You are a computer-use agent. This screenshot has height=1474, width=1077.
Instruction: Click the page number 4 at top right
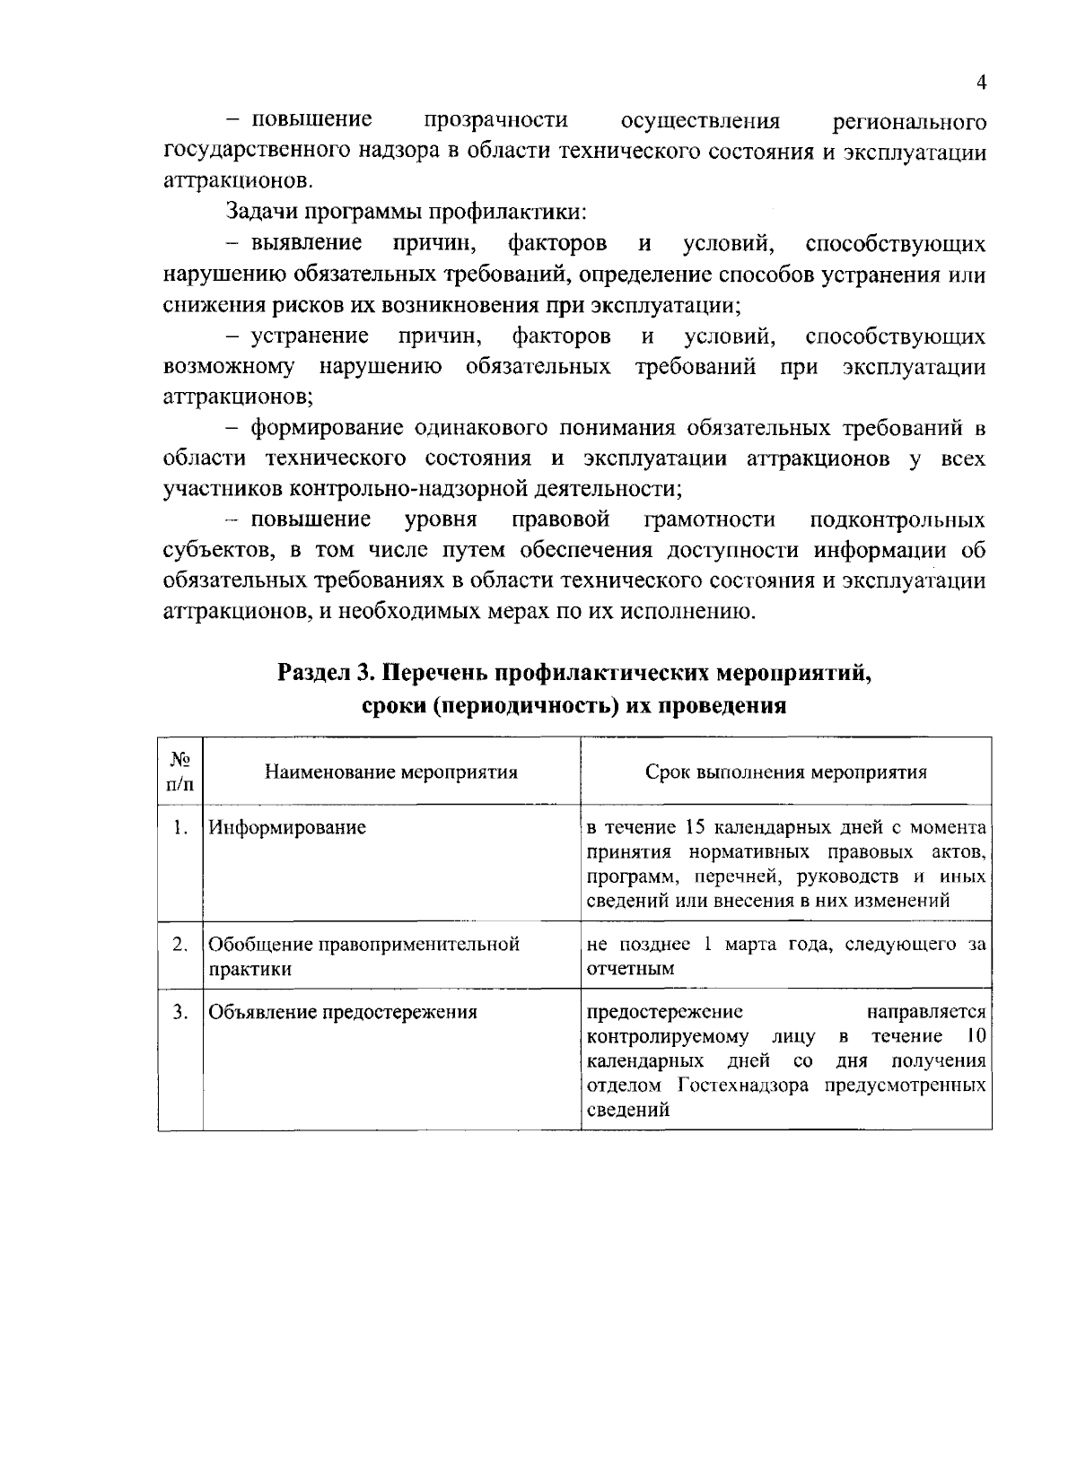pos(981,83)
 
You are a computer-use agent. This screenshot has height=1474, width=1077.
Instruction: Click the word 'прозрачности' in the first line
pos(495,120)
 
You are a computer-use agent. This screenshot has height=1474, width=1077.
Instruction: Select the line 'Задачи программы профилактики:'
pos(406,213)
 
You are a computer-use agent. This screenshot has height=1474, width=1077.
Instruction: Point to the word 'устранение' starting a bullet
pos(310,336)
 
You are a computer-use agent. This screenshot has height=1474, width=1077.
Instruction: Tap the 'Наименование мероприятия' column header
pos(391,772)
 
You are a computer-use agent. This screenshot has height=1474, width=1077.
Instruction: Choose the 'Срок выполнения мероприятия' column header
pos(786,772)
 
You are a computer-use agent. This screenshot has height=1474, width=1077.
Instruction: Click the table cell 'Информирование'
pos(287,827)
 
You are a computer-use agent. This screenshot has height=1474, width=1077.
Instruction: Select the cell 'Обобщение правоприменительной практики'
pos(363,956)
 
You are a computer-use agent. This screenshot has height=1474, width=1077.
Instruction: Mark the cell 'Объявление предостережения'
pos(343,1013)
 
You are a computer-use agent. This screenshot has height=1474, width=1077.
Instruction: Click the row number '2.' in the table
pos(180,944)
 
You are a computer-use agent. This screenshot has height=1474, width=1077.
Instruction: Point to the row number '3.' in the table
pos(180,1013)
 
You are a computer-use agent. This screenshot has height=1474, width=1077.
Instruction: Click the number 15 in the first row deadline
pos(696,827)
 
